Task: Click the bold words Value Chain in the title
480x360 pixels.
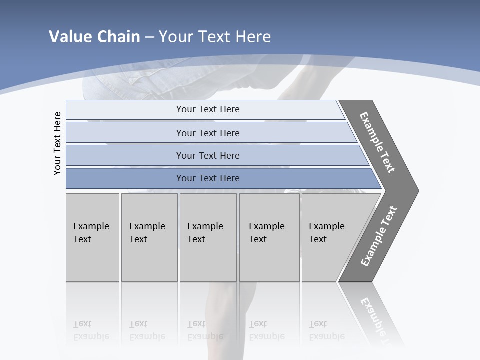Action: pos(94,37)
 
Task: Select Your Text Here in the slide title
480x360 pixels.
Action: pos(215,37)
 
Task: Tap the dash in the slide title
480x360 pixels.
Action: pos(149,37)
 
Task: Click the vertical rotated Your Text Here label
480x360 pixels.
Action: pos(57,144)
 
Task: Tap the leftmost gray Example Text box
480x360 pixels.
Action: pos(92,237)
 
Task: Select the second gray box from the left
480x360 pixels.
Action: pos(149,237)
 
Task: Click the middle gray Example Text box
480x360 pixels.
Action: pos(208,237)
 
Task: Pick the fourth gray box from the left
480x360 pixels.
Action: pos(269,237)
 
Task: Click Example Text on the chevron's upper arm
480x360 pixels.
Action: pos(377,142)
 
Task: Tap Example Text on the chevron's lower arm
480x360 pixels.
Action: pos(379,236)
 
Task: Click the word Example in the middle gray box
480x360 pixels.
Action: pos(205,226)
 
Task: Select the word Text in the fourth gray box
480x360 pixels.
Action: pos(258,239)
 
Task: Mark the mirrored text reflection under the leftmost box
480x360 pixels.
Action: pos(91,330)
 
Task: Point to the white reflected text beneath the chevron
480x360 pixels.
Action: pos(376,314)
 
